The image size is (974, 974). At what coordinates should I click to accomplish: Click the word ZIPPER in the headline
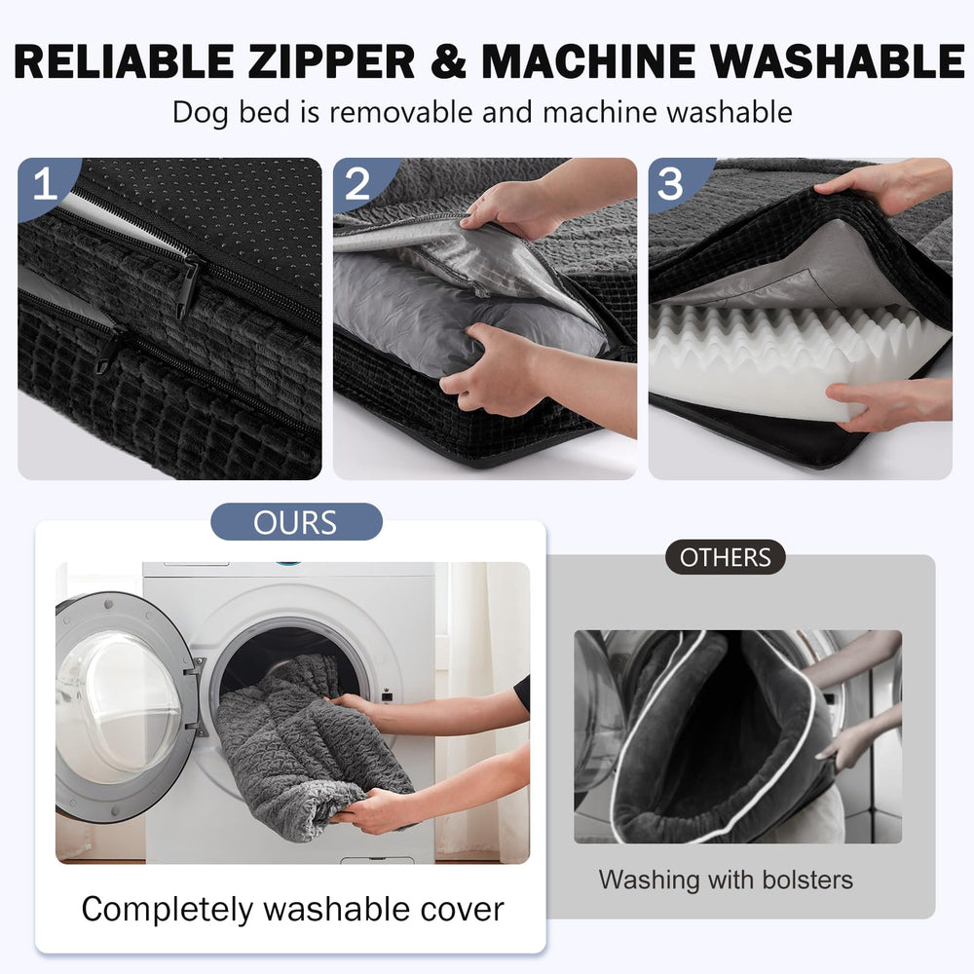[331, 61]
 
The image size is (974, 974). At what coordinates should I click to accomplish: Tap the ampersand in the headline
[448, 61]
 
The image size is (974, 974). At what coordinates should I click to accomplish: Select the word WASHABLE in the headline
[838, 61]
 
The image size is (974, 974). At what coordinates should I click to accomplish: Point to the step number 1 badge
[46, 184]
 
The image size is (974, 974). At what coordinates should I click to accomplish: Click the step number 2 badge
[358, 184]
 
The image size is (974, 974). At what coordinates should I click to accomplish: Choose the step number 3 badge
[671, 184]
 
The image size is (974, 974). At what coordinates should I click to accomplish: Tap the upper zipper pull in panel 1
[188, 286]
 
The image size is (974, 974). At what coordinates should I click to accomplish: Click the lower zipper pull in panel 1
[109, 350]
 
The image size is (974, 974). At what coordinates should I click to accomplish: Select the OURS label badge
[296, 522]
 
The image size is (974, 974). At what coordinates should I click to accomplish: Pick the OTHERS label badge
[725, 557]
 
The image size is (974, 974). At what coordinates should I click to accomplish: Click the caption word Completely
[168, 910]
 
